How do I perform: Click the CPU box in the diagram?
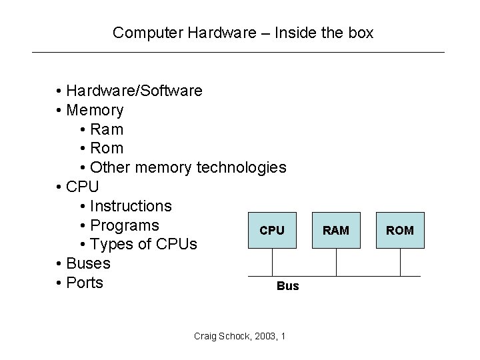(x=272, y=231)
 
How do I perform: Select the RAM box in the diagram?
(x=336, y=231)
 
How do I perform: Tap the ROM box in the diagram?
(x=400, y=231)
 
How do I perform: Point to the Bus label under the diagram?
(x=287, y=286)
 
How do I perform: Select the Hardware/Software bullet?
(x=129, y=90)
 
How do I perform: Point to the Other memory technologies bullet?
(x=183, y=167)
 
